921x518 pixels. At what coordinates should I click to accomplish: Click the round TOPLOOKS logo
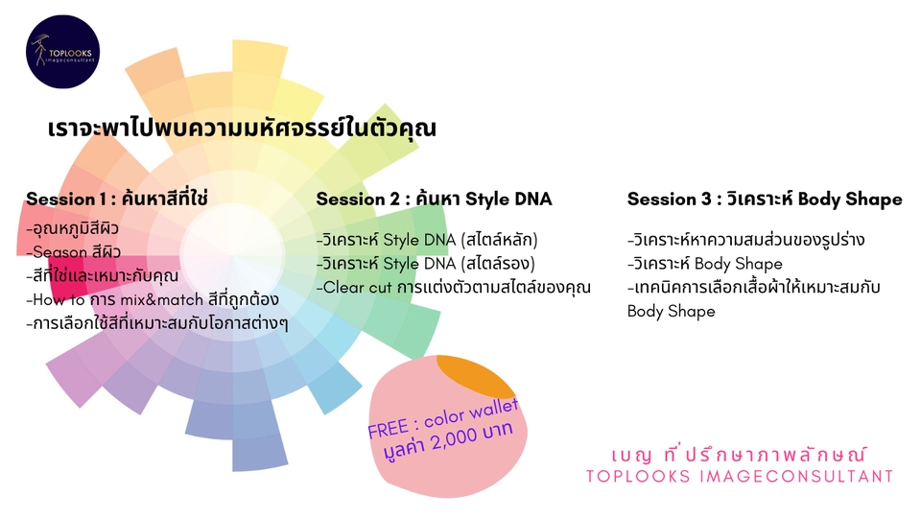tap(63, 52)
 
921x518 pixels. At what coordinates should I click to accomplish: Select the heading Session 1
tap(117, 199)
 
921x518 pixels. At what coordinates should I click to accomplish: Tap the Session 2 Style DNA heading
tap(434, 199)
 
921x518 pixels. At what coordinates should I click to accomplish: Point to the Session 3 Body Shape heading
tap(765, 199)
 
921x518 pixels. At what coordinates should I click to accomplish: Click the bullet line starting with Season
tap(74, 252)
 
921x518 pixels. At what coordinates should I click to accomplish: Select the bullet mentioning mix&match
tap(153, 299)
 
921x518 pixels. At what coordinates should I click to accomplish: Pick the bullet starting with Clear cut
tap(454, 287)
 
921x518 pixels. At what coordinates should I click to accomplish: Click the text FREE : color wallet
tap(443, 418)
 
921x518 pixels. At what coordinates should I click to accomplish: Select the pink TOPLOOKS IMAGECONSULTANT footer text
tap(740, 477)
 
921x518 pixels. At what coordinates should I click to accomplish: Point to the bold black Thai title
tap(242, 128)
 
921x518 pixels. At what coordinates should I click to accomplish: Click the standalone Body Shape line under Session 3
tap(672, 311)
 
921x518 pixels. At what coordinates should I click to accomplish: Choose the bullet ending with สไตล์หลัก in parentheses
tap(427, 240)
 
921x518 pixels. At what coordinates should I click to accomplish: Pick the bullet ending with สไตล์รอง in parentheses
tap(426, 263)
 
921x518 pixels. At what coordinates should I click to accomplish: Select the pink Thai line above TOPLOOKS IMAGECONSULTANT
tap(740, 455)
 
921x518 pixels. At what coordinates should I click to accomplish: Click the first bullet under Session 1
tap(72, 228)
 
